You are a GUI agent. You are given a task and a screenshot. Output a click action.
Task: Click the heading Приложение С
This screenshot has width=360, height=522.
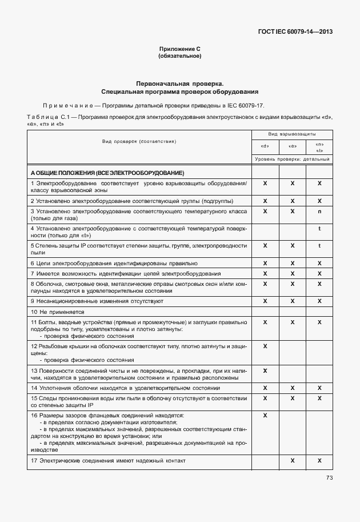[x=179, y=50]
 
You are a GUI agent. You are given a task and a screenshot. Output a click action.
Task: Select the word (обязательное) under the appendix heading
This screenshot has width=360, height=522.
[x=179, y=56]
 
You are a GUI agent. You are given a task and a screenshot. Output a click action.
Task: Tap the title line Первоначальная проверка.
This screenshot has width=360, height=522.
[x=179, y=83]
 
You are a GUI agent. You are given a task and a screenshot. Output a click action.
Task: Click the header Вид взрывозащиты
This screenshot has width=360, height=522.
[x=291, y=133]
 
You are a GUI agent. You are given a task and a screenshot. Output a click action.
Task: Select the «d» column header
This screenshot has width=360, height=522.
[x=265, y=146]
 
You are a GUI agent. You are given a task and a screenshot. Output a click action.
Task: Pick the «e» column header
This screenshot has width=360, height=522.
[x=292, y=146]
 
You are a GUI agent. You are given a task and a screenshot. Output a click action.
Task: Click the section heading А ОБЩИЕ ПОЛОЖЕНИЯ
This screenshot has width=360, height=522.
[x=107, y=172]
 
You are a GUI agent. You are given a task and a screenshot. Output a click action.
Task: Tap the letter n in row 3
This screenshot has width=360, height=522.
[x=319, y=212]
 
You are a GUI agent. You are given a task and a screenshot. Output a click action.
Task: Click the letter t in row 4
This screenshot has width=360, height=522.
[x=319, y=228]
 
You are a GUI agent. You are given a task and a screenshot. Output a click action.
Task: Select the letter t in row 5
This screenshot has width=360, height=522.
[x=319, y=245]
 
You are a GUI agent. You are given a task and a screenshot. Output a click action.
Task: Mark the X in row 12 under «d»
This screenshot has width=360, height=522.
[x=265, y=346]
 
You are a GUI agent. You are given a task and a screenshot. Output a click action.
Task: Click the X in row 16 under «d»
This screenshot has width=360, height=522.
[x=265, y=415]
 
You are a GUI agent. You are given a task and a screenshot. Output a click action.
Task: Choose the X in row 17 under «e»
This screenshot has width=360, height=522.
[x=292, y=460]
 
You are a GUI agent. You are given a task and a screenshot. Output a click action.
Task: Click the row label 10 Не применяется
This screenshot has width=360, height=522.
[x=57, y=312]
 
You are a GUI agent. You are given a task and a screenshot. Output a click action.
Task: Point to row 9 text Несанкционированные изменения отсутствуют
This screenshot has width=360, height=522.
[x=97, y=301]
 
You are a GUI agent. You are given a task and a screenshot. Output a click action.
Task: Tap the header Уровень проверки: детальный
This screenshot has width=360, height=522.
[x=291, y=159]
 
